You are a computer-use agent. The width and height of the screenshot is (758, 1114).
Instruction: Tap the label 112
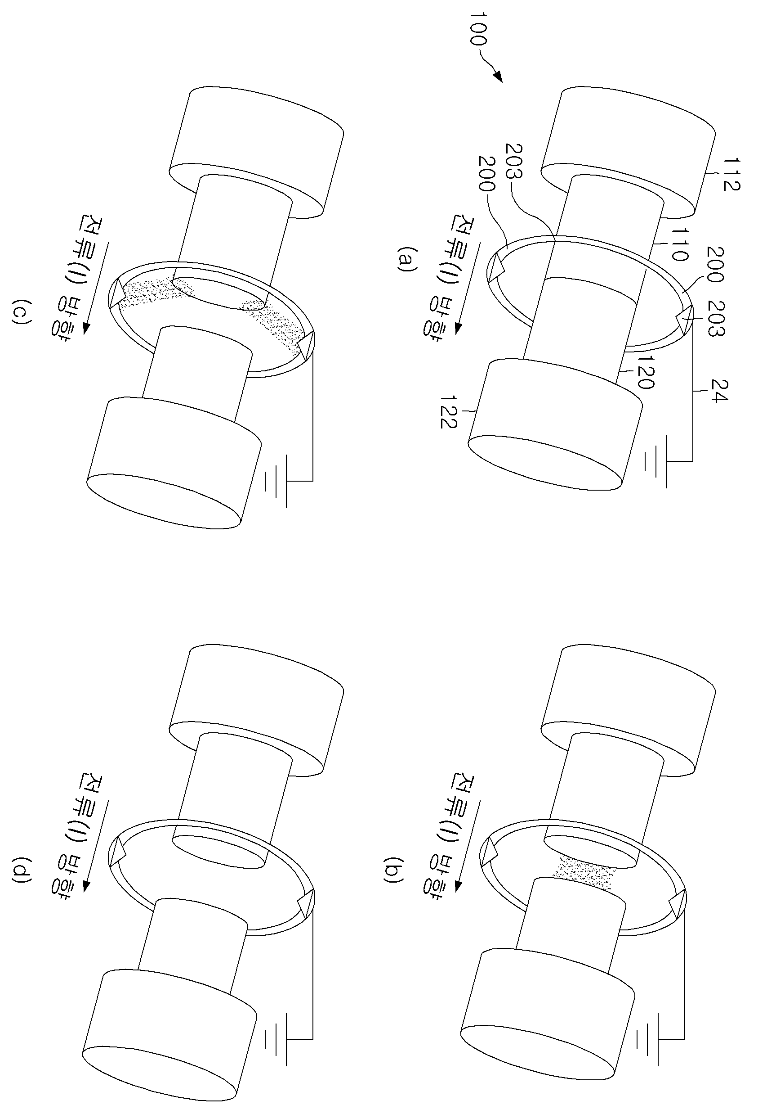pyautogui.click(x=731, y=175)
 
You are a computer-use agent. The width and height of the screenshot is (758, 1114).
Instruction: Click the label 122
pyautogui.click(x=449, y=411)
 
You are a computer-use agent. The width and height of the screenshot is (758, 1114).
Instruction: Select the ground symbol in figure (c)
pyautogui.click(x=276, y=480)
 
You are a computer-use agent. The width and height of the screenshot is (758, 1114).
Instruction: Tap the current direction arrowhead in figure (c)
pyautogui.click(x=87, y=328)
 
